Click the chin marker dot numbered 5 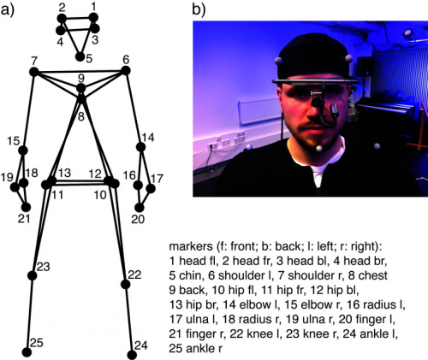click(80, 56)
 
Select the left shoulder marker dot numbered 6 click(126, 70)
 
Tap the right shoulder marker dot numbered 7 click(34, 72)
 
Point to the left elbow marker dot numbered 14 click(140, 147)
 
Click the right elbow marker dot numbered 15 click(23, 150)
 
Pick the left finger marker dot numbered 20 click(140, 208)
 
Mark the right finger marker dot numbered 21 click(27, 207)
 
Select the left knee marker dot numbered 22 click(126, 284)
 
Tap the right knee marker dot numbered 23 click(33, 275)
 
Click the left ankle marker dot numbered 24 click(132, 355)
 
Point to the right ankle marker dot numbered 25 click(27, 352)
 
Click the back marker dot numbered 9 click(81, 88)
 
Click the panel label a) click(7, 11)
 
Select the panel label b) click(199, 9)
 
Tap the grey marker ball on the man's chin click(319, 148)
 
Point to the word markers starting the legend click(191, 246)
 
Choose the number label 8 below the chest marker click(81, 116)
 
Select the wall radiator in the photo click(260, 112)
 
